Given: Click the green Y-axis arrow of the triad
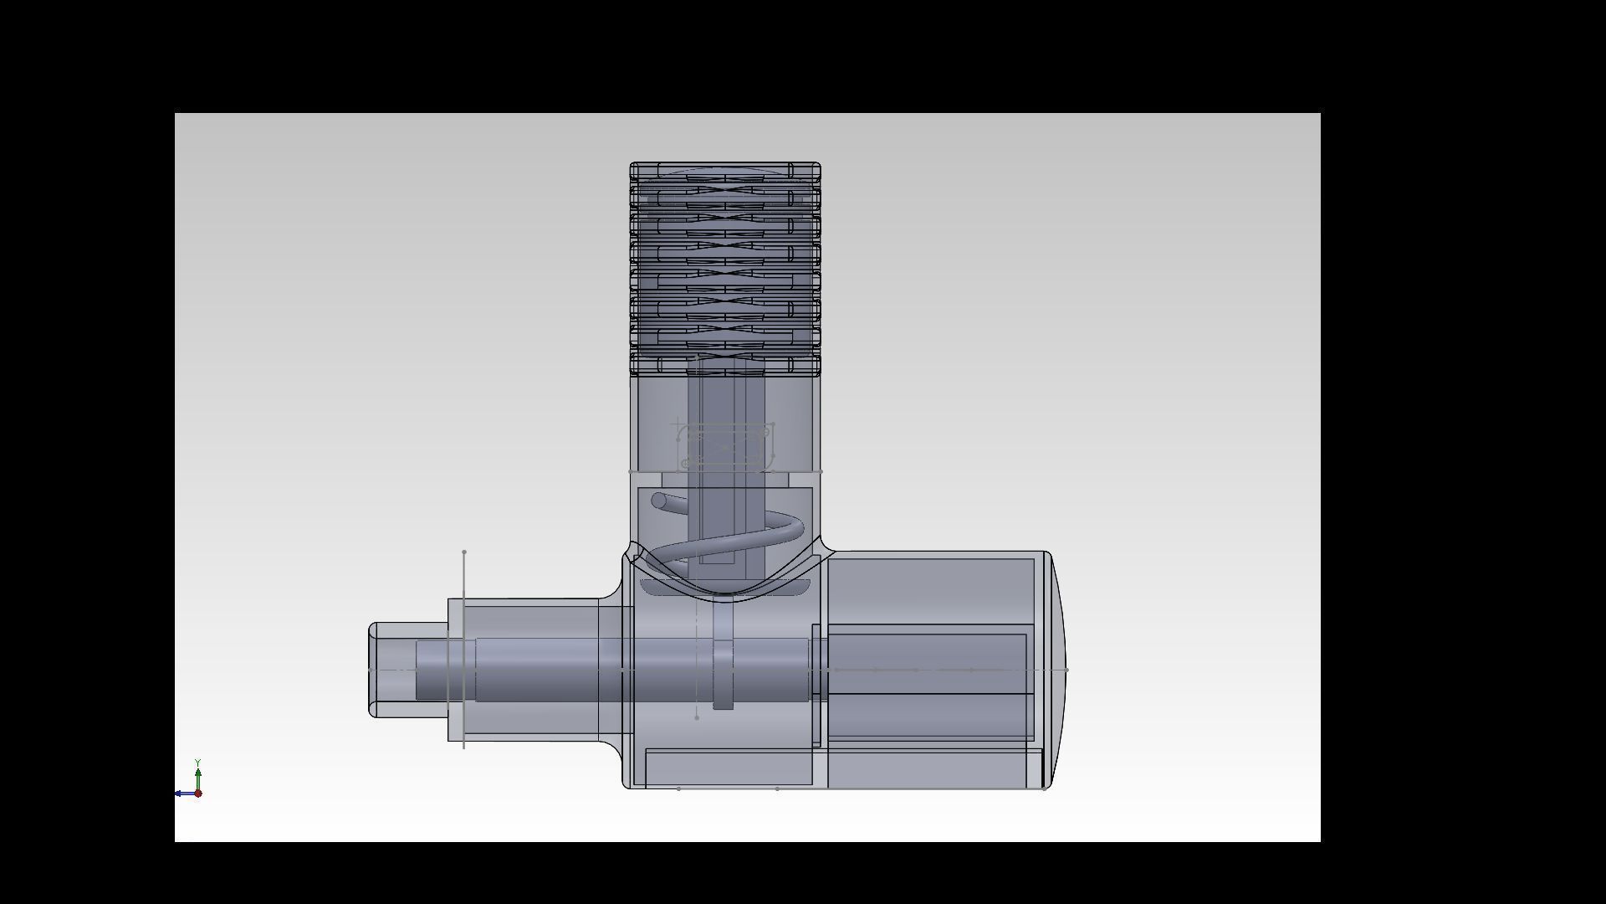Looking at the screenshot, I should [x=197, y=778].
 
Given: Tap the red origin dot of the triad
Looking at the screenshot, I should [x=198, y=794].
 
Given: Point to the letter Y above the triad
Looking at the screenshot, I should [x=197, y=763].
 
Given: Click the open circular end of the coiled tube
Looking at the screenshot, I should [x=658, y=501].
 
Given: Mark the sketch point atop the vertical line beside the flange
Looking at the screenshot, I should [x=464, y=552].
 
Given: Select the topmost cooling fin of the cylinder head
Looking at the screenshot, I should [x=724, y=172].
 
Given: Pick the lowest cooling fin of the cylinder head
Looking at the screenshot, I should [x=724, y=365].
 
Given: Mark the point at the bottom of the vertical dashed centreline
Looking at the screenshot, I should [x=697, y=717].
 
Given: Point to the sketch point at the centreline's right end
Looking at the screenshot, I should [x=1066, y=670].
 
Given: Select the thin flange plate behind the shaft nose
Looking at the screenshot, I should [x=455, y=670].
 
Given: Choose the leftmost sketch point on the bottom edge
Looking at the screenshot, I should [x=678, y=788].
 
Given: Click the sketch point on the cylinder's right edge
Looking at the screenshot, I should [x=821, y=472].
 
